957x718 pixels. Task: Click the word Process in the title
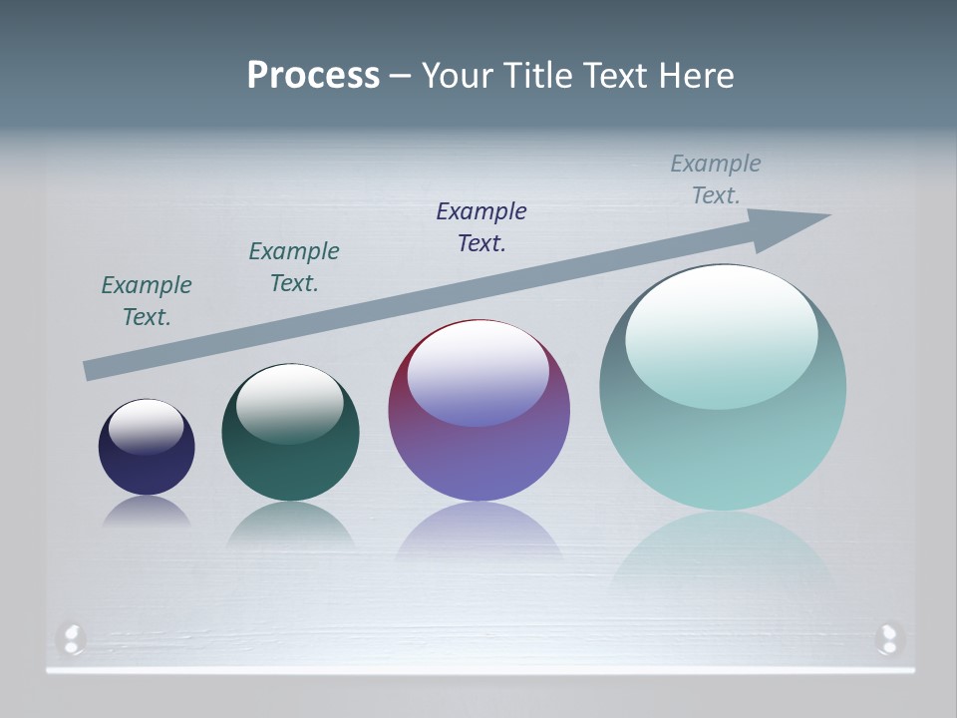pos(313,76)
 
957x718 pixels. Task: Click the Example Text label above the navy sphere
pos(147,301)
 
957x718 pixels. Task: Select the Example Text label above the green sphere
pos(294,267)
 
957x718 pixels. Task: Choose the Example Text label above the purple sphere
pos(481,227)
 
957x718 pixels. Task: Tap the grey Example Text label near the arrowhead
pos(716,179)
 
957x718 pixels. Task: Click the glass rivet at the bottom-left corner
pos(72,638)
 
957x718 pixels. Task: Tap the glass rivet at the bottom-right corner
pos(887,638)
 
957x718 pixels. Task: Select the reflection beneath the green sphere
pos(290,524)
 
